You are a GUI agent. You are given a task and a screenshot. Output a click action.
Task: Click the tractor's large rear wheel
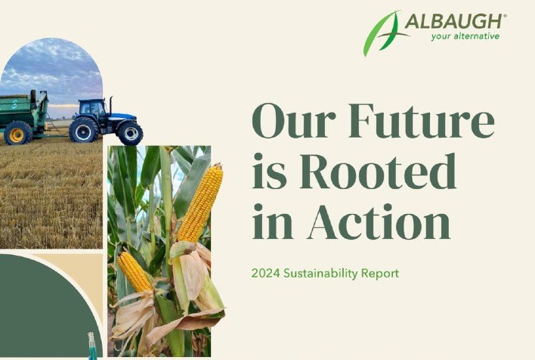[x=83, y=129]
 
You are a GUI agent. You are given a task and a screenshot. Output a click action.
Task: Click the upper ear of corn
[x=201, y=203]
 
